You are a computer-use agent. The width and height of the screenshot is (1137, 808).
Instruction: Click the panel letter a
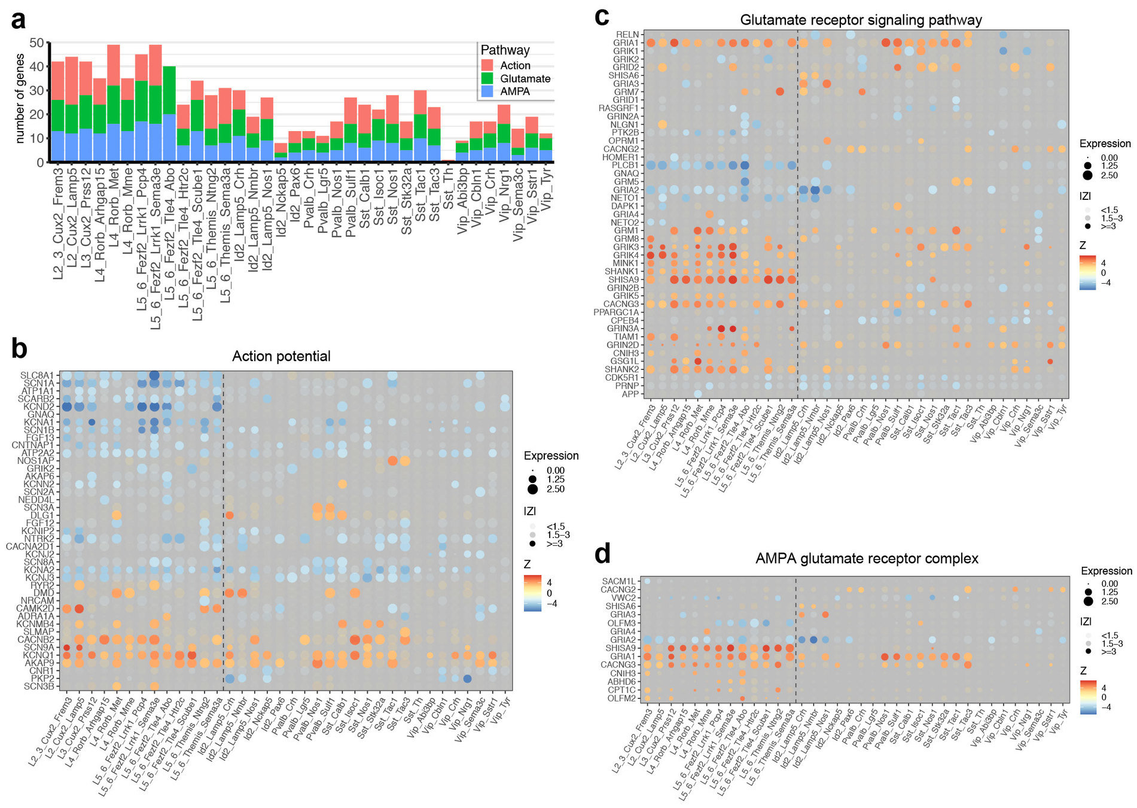coord(19,20)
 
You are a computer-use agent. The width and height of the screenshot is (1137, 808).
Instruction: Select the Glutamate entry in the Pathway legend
coord(525,78)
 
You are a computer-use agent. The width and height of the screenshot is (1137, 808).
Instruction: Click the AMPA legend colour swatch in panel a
coord(487,92)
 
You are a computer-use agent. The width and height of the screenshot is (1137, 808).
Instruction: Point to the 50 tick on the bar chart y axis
coord(36,42)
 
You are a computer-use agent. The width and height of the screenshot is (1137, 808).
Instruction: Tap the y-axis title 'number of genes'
coord(20,99)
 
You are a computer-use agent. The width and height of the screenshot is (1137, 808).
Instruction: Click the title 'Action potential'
coord(281,356)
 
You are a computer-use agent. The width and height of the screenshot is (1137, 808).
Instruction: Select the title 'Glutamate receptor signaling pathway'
coord(861,20)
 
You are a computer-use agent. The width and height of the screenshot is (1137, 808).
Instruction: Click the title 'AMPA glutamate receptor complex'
coord(867,558)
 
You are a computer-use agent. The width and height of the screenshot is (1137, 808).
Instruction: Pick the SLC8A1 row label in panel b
coord(37,375)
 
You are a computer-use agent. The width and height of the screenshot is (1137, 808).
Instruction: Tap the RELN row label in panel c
coord(627,35)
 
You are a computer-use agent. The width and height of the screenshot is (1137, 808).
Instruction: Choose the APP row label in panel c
coord(630,394)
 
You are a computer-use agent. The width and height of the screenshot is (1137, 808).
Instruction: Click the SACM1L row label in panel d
coord(618,581)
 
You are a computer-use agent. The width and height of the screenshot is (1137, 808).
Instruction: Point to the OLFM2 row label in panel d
coord(621,698)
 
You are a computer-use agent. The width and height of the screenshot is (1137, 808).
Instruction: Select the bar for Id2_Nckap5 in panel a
coord(281,153)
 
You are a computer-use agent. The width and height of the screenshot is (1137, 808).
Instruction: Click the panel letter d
coord(602,554)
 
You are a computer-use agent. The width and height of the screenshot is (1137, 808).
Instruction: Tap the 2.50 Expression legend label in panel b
coord(556,489)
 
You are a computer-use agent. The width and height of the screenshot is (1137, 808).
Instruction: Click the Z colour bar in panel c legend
coord(1087,273)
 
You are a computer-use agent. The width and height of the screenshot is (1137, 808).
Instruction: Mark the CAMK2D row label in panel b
coord(39,608)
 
